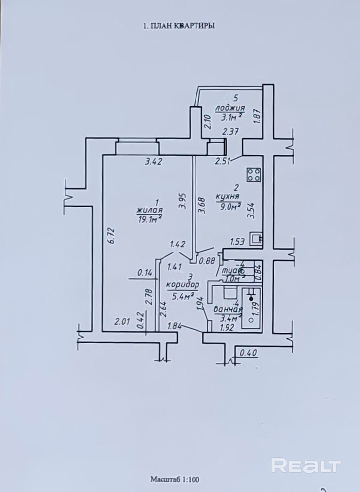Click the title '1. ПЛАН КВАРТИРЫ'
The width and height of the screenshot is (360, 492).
point(178,26)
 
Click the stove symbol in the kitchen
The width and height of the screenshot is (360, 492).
point(254,174)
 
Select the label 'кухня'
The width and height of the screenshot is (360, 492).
point(227,198)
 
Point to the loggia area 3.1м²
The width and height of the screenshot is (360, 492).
point(231,117)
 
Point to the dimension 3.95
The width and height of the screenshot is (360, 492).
point(182,202)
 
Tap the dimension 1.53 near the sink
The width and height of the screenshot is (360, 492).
point(238,241)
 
